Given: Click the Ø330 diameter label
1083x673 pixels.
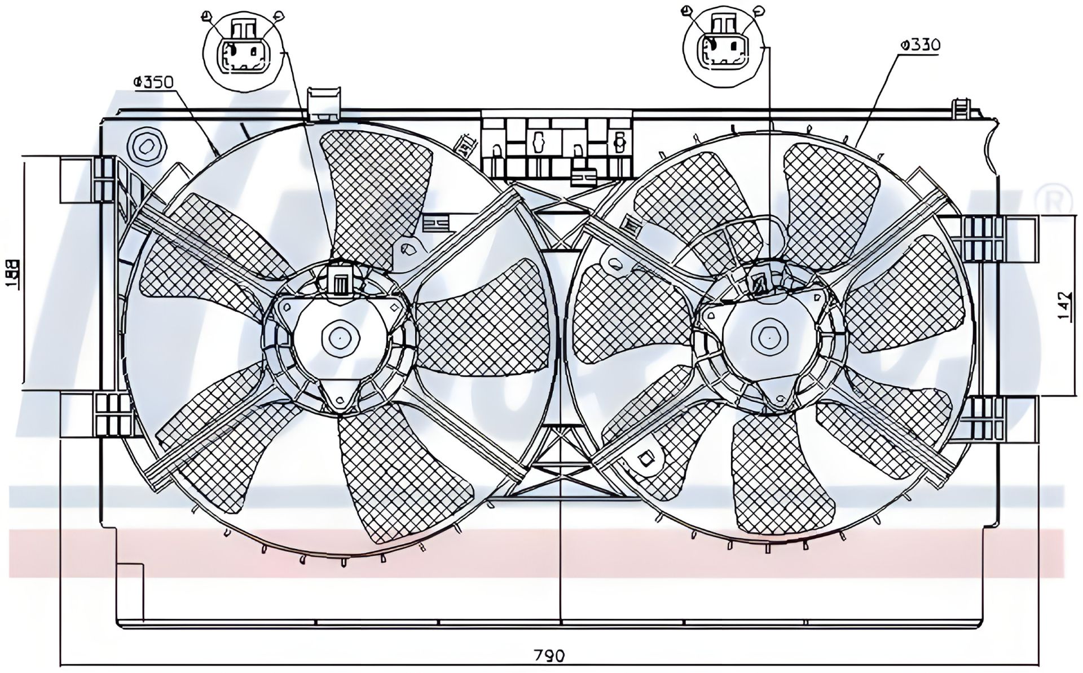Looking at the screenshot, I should pyautogui.click(x=920, y=45).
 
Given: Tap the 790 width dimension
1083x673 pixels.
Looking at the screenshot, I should pyautogui.click(x=549, y=655).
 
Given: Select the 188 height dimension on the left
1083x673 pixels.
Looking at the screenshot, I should pyautogui.click(x=12, y=274).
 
